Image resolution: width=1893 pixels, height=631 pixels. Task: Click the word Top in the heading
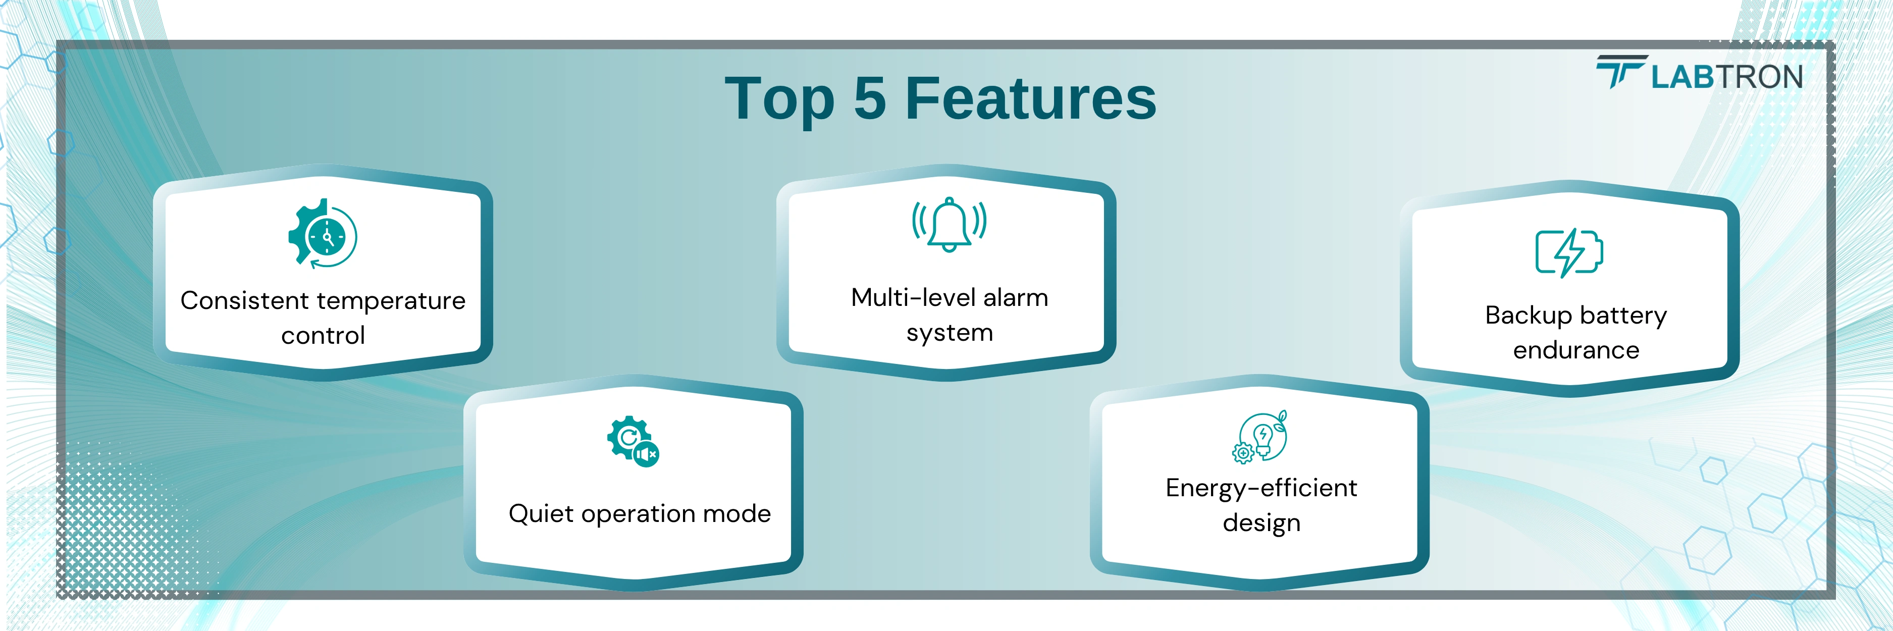(x=780, y=100)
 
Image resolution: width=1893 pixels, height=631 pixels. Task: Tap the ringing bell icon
(x=950, y=225)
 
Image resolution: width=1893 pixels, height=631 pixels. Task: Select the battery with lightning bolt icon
(x=1569, y=252)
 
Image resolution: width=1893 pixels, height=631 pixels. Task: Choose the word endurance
(x=1576, y=350)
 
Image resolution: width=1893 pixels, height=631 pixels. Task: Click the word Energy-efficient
(x=1261, y=488)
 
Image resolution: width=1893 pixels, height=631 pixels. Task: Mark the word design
(x=1261, y=523)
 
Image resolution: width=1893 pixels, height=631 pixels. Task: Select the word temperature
(x=391, y=301)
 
